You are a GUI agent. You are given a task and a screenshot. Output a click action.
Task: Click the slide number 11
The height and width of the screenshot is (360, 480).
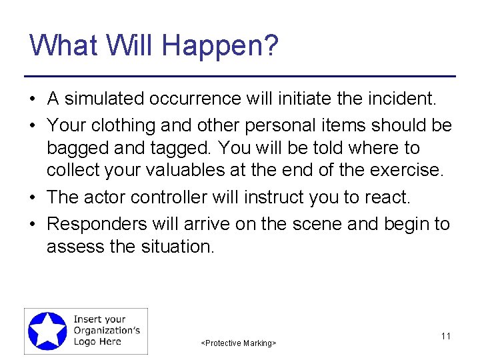click(x=446, y=336)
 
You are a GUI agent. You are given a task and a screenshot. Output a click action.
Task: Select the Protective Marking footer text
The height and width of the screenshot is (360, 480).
click(x=239, y=343)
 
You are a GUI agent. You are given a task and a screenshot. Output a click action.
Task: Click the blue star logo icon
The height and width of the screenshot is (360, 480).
click(x=47, y=331)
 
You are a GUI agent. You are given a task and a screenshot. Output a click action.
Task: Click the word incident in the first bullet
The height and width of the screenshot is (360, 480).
click(x=399, y=99)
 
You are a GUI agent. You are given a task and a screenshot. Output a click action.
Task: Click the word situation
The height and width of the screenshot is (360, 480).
click(x=176, y=247)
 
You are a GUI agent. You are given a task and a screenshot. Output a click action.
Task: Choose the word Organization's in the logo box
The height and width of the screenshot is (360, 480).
click(x=107, y=331)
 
